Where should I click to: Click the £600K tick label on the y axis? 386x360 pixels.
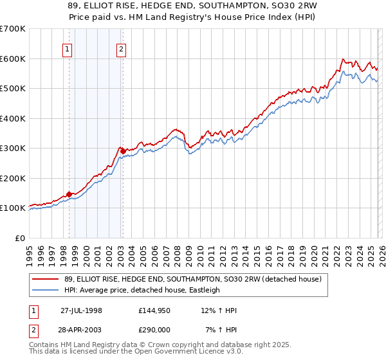pos(13,59)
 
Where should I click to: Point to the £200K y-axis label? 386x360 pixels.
pos(13,178)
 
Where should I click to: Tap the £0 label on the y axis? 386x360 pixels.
pos(19,238)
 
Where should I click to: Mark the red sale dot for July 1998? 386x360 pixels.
pos(69,194)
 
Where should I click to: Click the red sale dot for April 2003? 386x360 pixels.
pos(122,151)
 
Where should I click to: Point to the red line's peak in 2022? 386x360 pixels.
pos(342,59)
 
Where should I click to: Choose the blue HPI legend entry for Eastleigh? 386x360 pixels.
pos(142,290)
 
